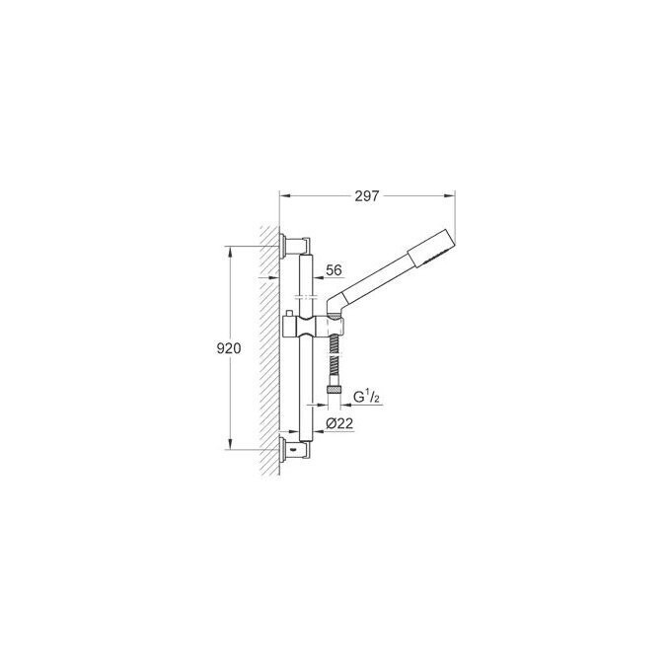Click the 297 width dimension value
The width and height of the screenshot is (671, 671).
click(367, 196)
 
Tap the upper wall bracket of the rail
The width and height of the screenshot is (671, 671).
click(294, 244)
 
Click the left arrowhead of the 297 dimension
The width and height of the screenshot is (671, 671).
click(283, 196)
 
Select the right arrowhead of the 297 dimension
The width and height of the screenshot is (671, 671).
click(454, 196)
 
